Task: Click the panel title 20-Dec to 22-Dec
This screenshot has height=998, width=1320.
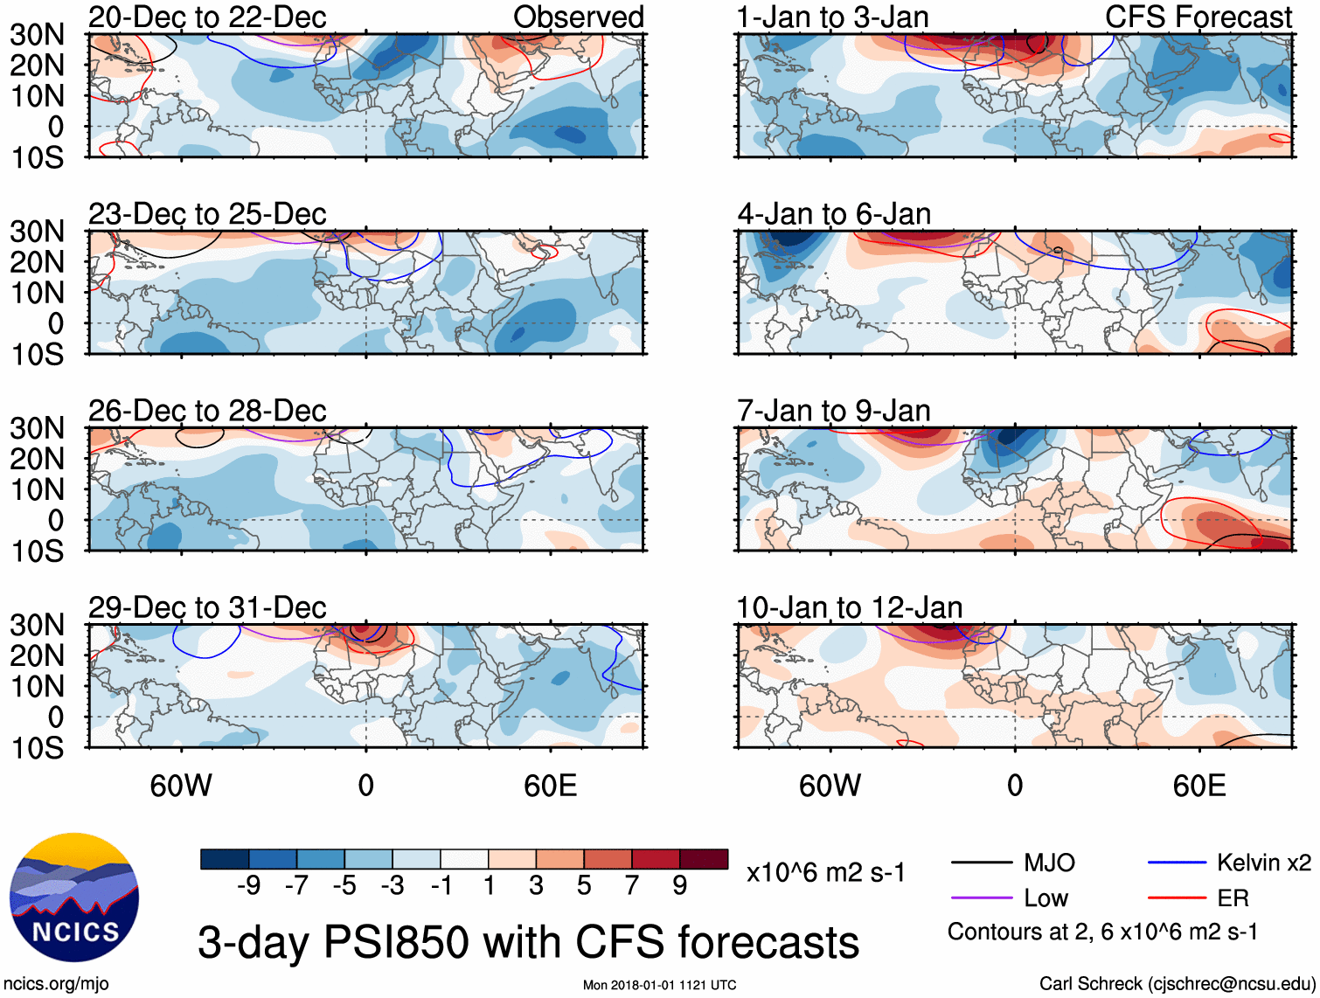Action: point(207,17)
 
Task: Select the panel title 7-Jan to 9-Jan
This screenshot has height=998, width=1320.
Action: point(834,410)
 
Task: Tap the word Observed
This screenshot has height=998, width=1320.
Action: point(579,17)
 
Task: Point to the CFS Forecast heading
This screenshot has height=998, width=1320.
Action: point(1198,17)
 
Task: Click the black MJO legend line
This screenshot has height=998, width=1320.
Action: point(982,863)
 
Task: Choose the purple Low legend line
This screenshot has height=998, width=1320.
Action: point(982,898)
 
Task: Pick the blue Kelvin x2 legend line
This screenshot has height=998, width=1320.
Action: point(1177,863)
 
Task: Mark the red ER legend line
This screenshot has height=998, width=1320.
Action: point(1177,898)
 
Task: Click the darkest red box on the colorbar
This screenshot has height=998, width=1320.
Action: point(704,859)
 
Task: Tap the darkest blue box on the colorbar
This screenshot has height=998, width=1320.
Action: point(225,859)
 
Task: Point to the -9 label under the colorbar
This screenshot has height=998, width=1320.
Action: point(248,885)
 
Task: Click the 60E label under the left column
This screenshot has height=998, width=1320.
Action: point(550,786)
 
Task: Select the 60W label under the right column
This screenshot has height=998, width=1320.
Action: point(830,786)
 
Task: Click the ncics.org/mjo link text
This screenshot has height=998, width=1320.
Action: point(56,983)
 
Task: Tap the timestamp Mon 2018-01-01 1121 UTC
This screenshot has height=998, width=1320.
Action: point(659,985)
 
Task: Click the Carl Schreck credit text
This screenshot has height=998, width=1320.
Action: point(1177,983)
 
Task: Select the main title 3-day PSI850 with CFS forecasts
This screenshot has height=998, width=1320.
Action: point(528,942)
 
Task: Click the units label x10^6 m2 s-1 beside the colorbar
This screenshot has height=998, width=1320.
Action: point(825,872)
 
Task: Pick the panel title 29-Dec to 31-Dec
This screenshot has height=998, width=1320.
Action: point(207,606)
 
